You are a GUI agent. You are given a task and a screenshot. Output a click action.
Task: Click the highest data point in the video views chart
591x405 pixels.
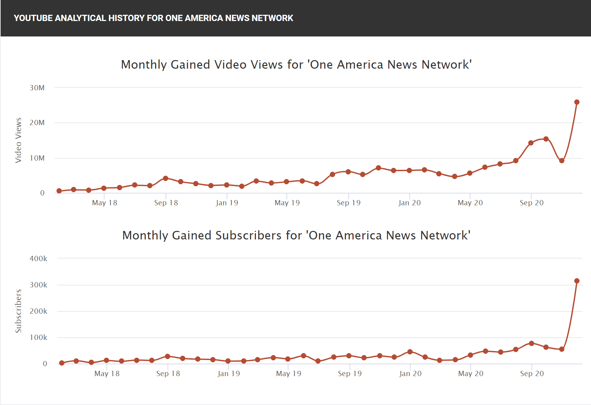click(x=577, y=102)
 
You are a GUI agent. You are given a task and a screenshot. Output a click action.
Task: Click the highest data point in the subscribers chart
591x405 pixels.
click(x=577, y=281)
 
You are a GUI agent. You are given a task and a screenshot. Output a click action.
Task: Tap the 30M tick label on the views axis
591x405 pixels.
click(x=37, y=88)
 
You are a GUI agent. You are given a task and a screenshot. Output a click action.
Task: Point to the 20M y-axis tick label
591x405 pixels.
click(x=37, y=123)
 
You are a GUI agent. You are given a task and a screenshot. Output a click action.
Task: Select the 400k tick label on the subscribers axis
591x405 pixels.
click(x=38, y=259)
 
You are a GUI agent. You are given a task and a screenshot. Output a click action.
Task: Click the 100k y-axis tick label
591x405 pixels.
click(x=38, y=337)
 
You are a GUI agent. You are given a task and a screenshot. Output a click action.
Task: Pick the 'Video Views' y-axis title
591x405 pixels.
click(x=18, y=140)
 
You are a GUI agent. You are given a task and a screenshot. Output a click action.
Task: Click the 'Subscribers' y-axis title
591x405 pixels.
click(x=18, y=311)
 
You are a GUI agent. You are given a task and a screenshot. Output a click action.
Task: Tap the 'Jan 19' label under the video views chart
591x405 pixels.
click(x=227, y=203)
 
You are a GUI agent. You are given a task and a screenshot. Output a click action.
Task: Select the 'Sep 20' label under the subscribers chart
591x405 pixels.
click(x=532, y=373)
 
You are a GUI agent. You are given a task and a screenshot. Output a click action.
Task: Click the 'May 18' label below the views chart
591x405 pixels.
click(x=104, y=203)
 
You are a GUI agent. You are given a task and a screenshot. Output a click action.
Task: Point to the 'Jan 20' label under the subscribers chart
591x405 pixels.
click(x=410, y=373)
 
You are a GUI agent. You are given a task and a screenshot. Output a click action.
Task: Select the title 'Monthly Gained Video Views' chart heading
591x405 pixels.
click(x=296, y=64)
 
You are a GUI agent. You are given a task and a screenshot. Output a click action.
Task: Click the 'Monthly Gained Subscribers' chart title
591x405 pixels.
click(x=296, y=235)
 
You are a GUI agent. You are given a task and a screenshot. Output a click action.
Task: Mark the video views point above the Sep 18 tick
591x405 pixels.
click(x=166, y=178)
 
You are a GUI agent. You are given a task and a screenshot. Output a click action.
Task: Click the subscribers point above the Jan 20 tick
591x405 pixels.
click(x=410, y=352)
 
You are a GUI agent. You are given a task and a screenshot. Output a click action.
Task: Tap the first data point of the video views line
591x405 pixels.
click(x=59, y=191)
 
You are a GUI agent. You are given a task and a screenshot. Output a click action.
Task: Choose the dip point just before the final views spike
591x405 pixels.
click(x=562, y=161)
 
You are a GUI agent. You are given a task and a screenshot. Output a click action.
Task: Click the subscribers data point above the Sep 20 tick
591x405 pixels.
click(x=532, y=343)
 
